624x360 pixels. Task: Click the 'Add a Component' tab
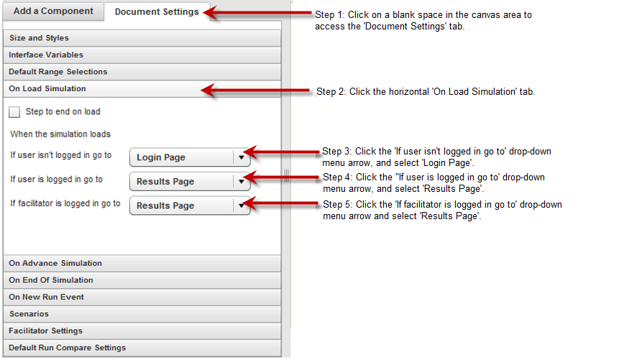coord(53,11)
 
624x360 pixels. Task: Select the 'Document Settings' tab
coord(157,12)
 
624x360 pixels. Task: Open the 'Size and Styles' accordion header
coord(142,38)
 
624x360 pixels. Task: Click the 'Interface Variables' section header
coord(142,55)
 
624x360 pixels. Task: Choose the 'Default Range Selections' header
coord(142,72)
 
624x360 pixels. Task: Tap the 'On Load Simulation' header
coord(142,88)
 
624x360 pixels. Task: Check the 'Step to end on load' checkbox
coord(14,112)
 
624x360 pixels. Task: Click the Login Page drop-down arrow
coord(241,157)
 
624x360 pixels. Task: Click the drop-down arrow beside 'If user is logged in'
coord(241,182)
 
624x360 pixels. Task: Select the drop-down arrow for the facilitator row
coord(241,206)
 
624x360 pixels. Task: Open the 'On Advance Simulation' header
coord(142,263)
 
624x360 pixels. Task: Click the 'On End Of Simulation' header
coord(142,280)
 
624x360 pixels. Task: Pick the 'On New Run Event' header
coord(142,297)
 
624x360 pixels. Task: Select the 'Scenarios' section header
coord(142,314)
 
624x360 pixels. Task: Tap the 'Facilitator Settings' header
coord(142,331)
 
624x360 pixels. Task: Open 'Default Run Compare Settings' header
coord(142,348)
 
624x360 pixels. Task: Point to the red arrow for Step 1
coord(257,13)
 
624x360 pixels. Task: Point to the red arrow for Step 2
coord(255,91)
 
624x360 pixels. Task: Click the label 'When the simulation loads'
coord(60,134)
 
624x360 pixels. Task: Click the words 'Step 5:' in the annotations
coord(337,205)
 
